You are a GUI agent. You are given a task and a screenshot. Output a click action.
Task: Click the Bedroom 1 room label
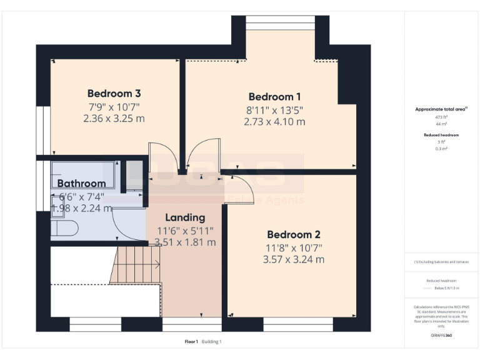(x=274, y=97)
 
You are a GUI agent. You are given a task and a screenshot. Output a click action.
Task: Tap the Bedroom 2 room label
(x=293, y=234)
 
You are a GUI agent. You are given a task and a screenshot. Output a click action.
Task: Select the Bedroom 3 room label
(x=114, y=93)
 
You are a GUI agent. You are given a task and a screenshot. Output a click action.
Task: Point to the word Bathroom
(x=81, y=184)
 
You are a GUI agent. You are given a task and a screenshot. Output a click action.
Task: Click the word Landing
(x=185, y=217)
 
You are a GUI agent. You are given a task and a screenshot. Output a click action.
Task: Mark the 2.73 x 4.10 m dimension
(x=274, y=121)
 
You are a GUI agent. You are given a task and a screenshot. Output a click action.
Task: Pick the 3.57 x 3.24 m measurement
(x=293, y=259)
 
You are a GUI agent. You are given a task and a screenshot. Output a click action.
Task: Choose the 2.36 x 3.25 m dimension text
(x=114, y=117)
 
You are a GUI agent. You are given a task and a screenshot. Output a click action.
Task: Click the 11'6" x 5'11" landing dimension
(x=185, y=230)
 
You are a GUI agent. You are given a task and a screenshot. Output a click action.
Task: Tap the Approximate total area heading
(x=441, y=109)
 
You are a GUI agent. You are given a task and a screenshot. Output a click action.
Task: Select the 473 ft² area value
(x=441, y=117)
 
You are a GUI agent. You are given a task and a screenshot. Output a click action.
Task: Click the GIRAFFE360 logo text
(x=441, y=336)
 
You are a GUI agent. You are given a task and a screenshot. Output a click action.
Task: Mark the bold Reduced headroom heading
(x=441, y=135)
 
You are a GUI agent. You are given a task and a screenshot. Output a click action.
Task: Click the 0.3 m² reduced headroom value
(x=441, y=149)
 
